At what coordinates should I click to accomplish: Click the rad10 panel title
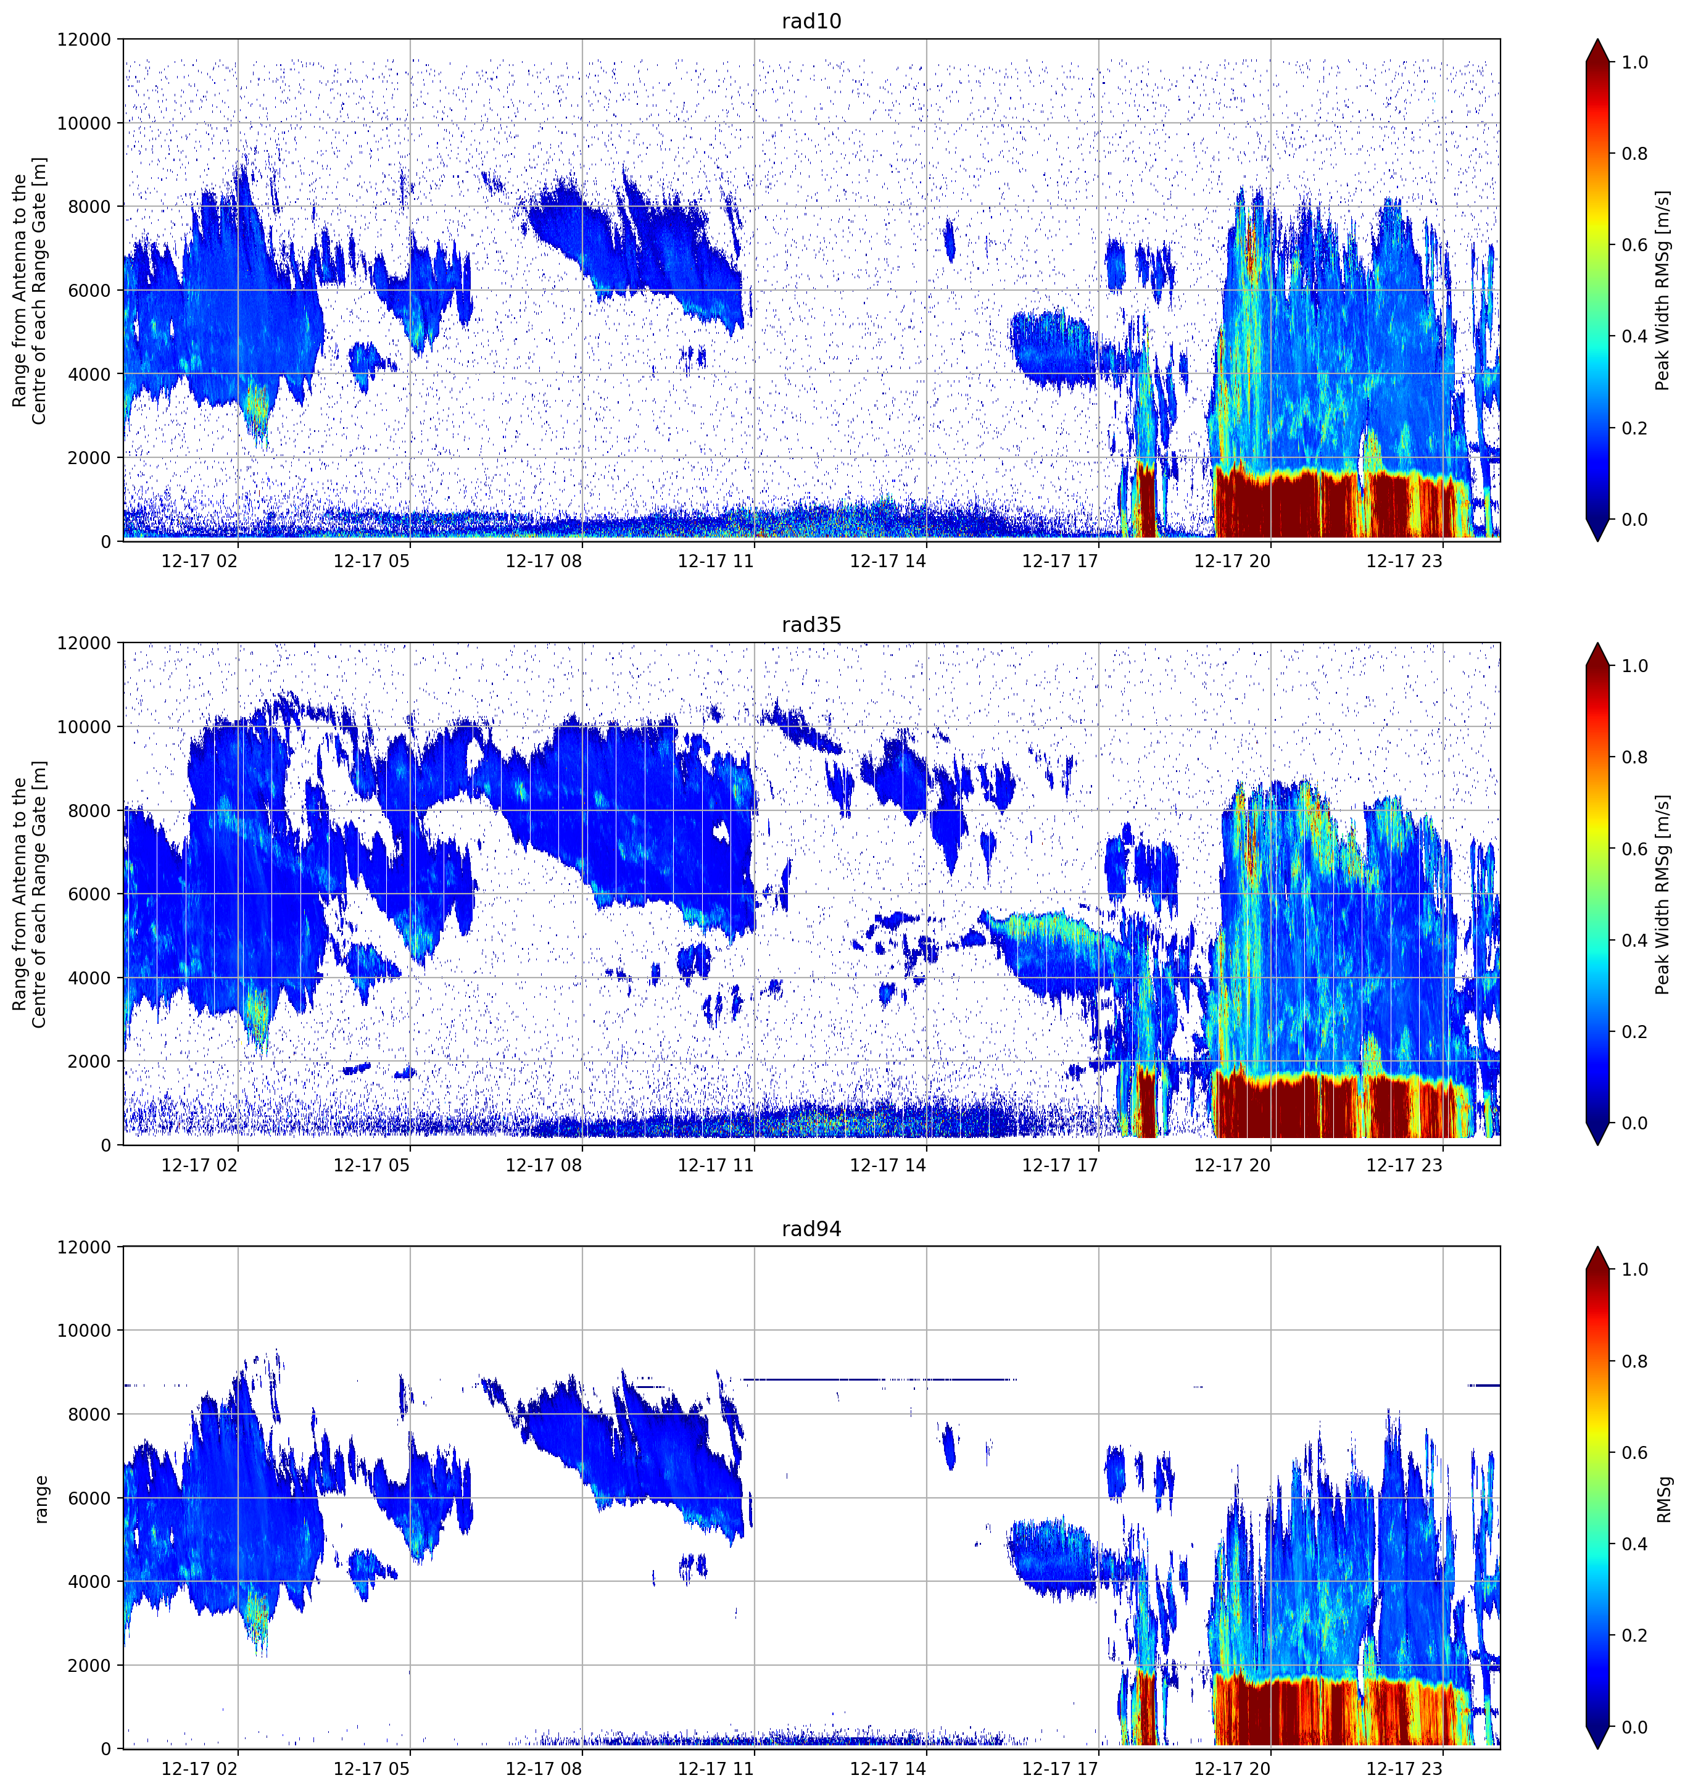(x=811, y=21)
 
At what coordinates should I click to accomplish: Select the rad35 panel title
(x=811, y=625)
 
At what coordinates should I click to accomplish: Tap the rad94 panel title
(x=811, y=1229)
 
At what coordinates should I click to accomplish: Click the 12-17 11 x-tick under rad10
(x=715, y=561)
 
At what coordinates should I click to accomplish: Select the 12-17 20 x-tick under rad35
(x=1232, y=1165)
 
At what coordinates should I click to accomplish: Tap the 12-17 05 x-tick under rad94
(x=371, y=1769)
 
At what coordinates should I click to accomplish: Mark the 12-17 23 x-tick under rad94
(x=1404, y=1769)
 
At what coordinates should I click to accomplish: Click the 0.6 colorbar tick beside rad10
(x=1634, y=245)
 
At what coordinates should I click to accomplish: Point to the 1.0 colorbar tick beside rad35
(x=1634, y=666)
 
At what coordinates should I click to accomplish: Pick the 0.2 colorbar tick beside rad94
(x=1634, y=1635)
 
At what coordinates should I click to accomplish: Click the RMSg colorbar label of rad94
(x=1663, y=1498)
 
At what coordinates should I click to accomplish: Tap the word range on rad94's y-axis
(x=41, y=1498)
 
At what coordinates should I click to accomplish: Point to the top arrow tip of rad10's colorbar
(x=1597, y=39)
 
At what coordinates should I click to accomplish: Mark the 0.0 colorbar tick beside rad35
(x=1634, y=1123)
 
